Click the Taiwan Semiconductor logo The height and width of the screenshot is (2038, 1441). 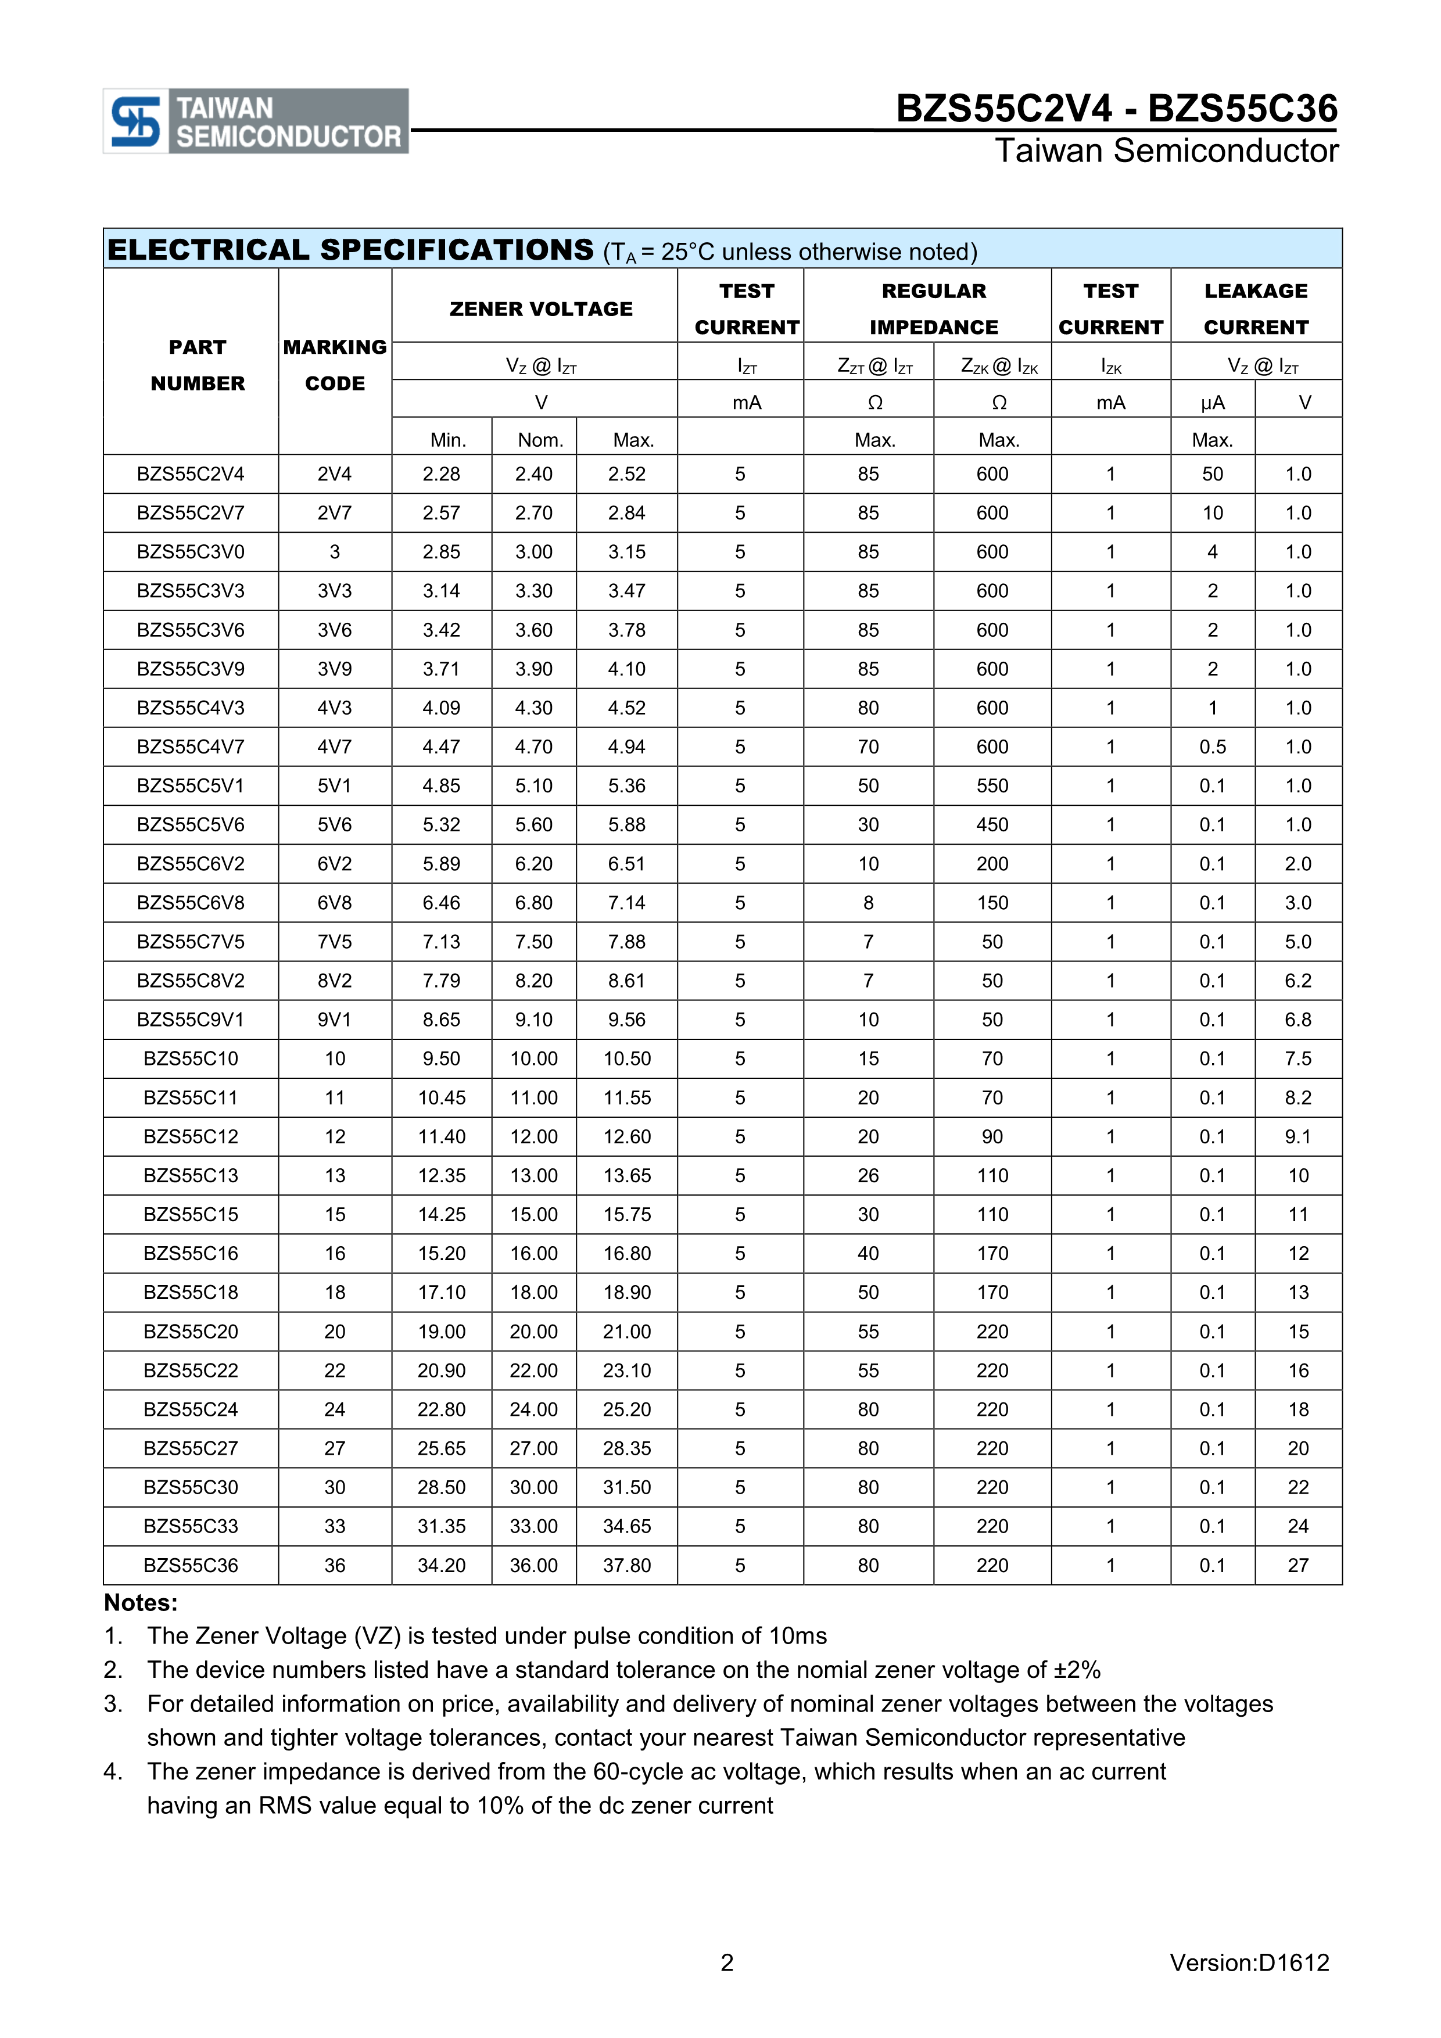(256, 121)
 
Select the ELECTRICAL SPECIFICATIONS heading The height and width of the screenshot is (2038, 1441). (350, 250)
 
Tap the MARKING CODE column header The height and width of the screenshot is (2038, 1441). (335, 365)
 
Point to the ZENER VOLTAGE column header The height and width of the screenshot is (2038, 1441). (541, 309)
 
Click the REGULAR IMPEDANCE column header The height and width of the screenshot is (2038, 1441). (933, 309)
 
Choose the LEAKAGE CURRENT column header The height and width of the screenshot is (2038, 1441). (1256, 309)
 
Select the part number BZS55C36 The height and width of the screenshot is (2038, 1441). (191, 1566)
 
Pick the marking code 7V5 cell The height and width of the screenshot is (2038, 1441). (335, 942)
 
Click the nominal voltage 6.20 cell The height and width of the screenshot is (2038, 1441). (533, 864)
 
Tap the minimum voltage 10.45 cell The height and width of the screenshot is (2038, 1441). (441, 1098)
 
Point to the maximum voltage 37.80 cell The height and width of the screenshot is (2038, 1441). (627, 1566)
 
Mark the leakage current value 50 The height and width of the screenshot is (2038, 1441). (1212, 475)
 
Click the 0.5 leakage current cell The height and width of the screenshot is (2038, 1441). (1212, 747)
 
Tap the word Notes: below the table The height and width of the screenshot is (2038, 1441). (141, 1603)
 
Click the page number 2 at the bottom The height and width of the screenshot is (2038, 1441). (727, 1962)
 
